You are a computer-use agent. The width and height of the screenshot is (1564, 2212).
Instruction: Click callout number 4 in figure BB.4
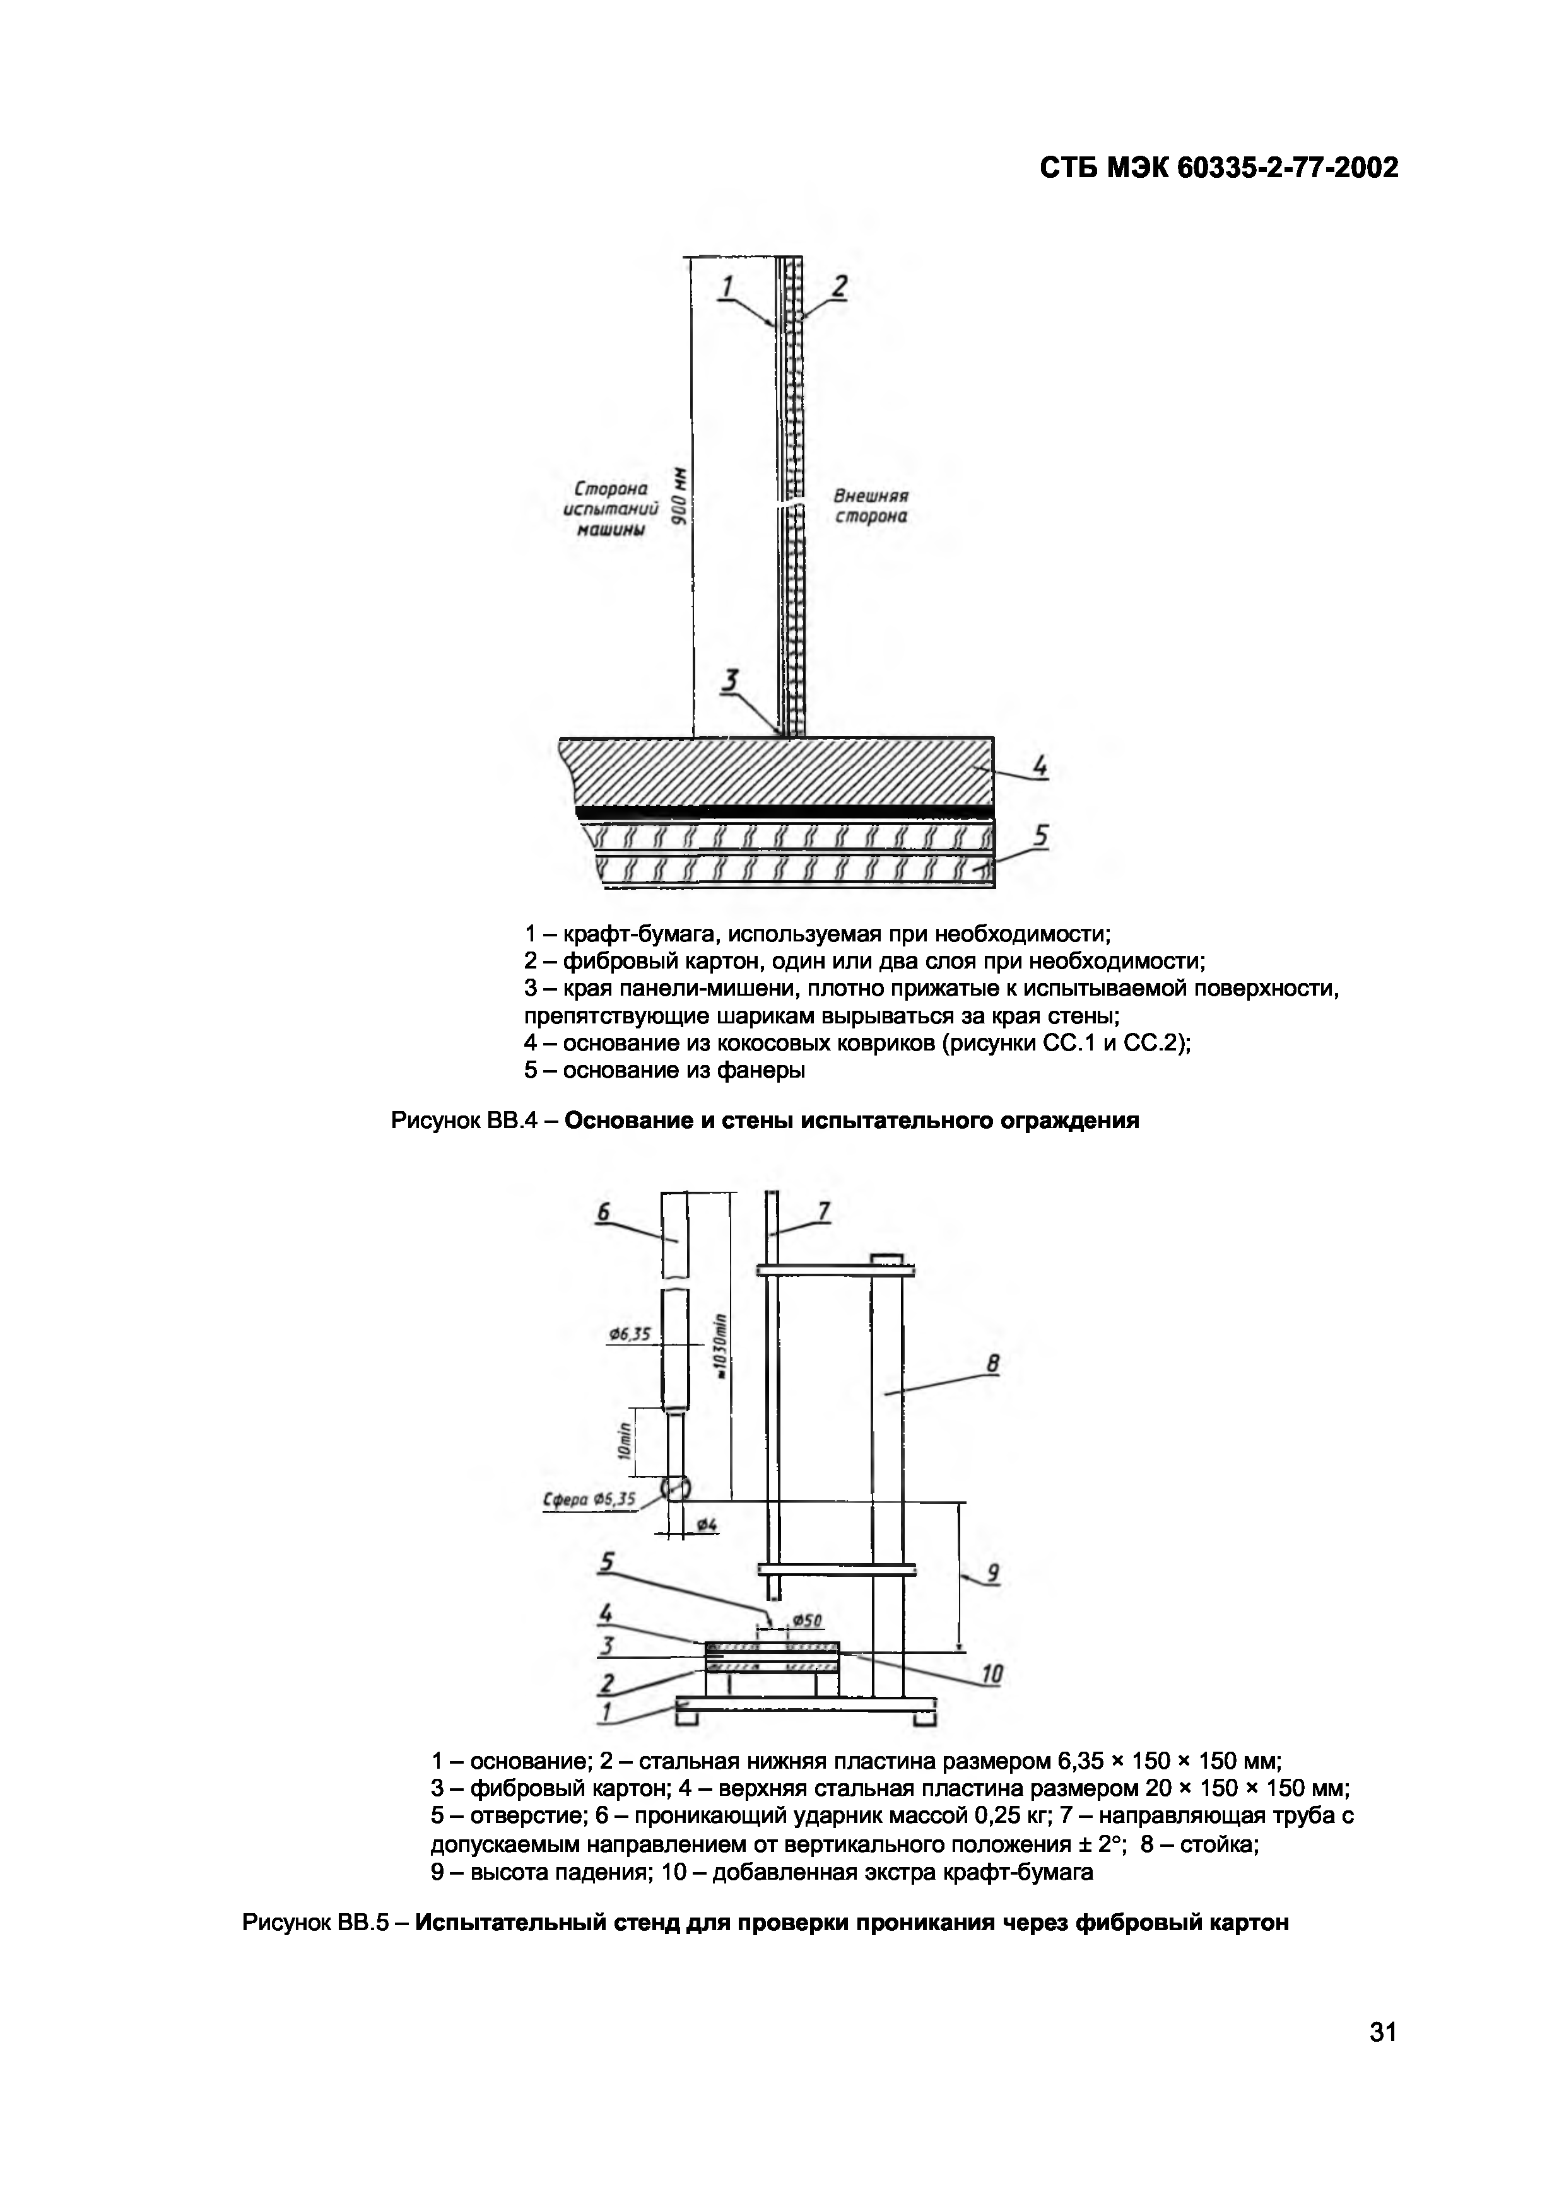(1039, 768)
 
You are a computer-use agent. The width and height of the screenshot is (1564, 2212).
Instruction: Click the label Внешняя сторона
(870, 506)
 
